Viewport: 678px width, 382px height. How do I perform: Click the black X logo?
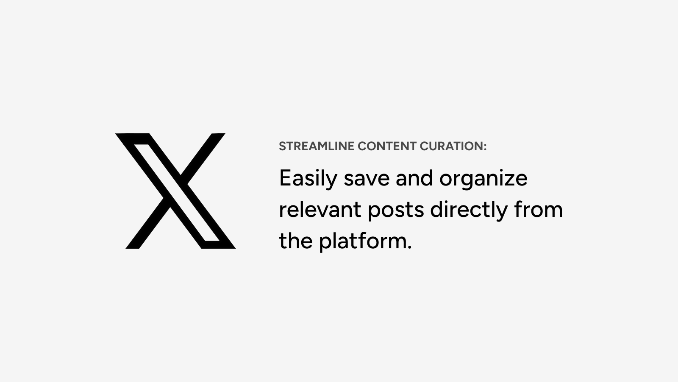point(175,191)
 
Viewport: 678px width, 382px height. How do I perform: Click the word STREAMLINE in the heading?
point(316,146)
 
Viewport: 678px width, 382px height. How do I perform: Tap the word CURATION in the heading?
point(451,146)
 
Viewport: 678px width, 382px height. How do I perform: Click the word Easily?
point(308,179)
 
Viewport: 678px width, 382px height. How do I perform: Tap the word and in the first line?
point(414,178)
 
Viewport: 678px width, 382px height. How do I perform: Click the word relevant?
point(320,209)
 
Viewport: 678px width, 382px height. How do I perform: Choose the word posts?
point(396,211)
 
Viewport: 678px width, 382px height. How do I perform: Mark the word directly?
point(469,211)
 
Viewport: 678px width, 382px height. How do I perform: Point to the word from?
point(539,209)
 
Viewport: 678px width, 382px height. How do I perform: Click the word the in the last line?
point(296,241)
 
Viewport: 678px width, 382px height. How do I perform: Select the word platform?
point(363,242)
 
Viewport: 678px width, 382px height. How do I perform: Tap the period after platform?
point(409,247)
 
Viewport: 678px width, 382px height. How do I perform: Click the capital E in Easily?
point(286,178)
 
